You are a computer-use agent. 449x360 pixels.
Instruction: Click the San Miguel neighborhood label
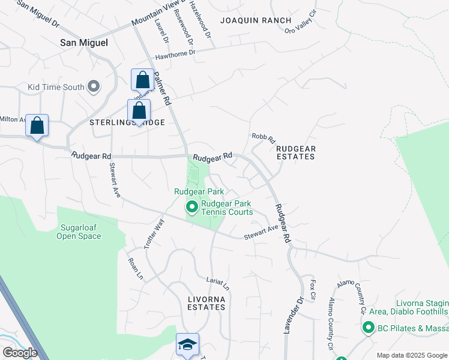pyautogui.click(x=85, y=43)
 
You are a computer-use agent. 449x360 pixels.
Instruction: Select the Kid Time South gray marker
pyautogui.click(x=93, y=88)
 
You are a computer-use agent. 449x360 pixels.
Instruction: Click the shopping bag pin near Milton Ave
pyautogui.click(x=37, y=126)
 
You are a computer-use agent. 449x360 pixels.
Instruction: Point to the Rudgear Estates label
pyautogui.click(x=294, y=152)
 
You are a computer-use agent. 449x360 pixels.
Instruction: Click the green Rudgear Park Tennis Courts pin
pyautogui.click(x=192, y=208)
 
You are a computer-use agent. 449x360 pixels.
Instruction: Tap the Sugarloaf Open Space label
pyautogui.click(x=79, y=232)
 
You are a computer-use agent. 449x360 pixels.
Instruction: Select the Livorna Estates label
pyautogui.click(x=197, y=307)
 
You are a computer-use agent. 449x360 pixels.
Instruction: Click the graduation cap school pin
pyautogui.click(x=187, y=344)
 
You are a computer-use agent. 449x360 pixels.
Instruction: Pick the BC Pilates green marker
pyautogui.click(x=367, y=328)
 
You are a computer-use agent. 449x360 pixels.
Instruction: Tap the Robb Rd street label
pyautogui.click(x=262, y=137)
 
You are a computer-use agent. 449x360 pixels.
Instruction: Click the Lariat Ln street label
pyautogui.click(x=218, y=284)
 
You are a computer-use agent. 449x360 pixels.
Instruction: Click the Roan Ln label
pyautogui.click(x=135, y=269)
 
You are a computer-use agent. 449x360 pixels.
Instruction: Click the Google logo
pyautogui.click(x=20, y=353)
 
